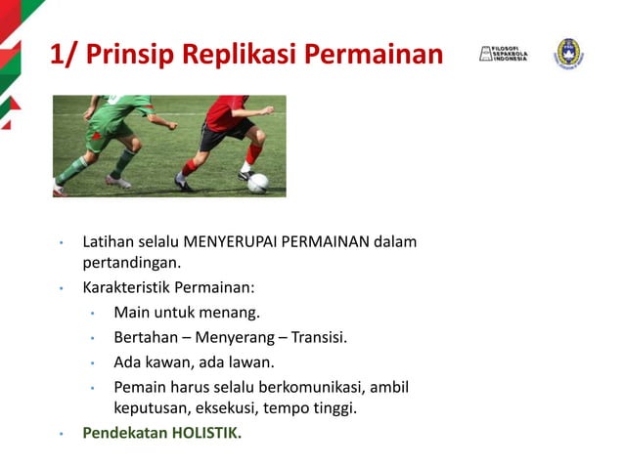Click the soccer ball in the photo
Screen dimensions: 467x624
pyautogui.click(x=257, y=183)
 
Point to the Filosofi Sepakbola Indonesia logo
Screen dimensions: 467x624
pyautogui.click(x=503, y=54)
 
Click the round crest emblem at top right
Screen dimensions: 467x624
pyautogui.click(x=569, y=53)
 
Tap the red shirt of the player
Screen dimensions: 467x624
pyautogui.click(x=227, y=113)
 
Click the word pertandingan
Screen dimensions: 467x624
pyautogui.click(x=130, y=262)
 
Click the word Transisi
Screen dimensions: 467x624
pyautogui.click(x=318, y=338)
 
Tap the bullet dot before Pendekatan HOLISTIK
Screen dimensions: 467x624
pyautogui.click(x=61, y=433)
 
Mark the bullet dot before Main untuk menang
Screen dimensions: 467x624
pyautogui.click(x=91, y=314)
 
